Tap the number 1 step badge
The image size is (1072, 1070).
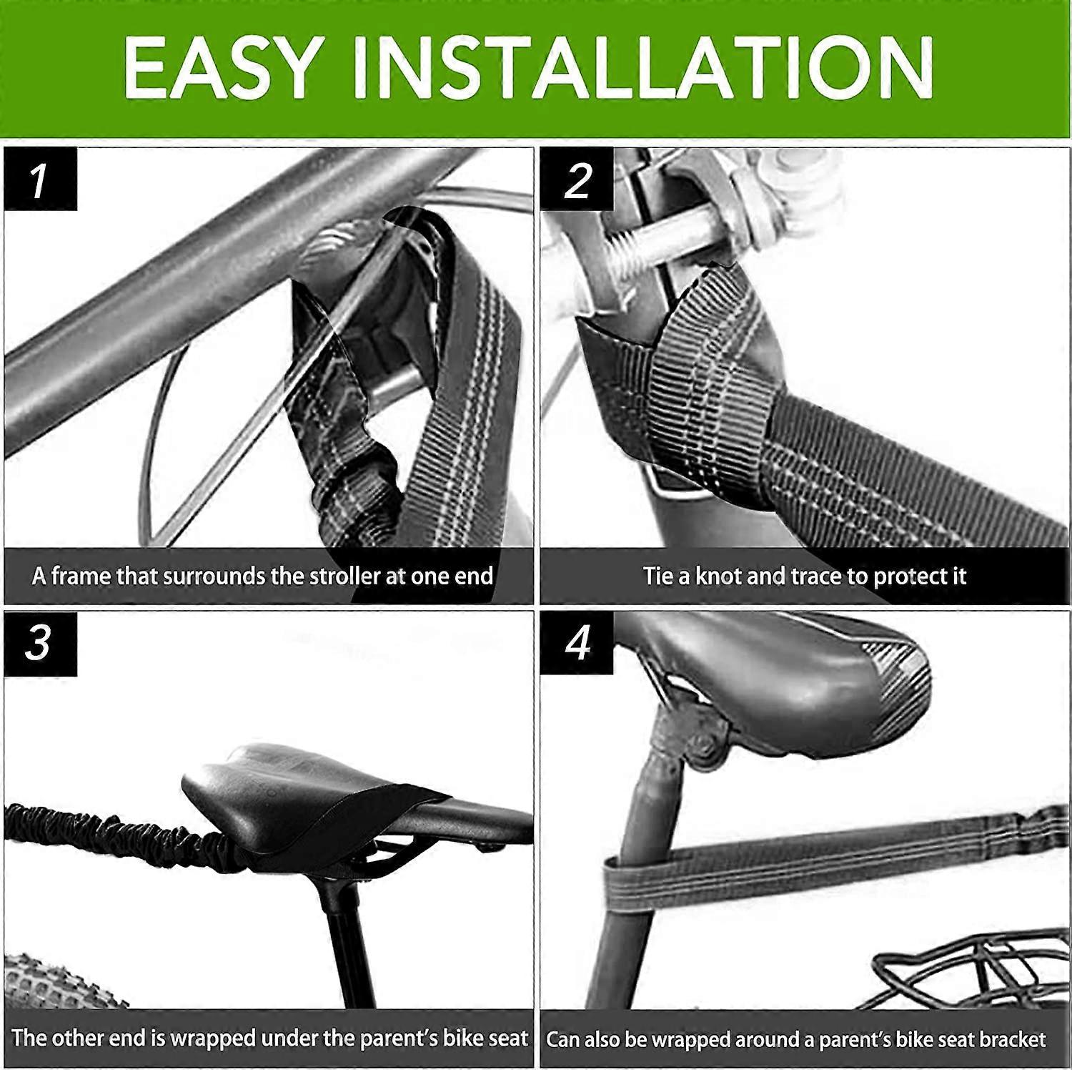click(41, 179)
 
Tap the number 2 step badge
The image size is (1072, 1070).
click(577, 179)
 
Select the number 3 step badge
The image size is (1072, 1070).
click(41, 643)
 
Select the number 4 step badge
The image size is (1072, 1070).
click(577, 643)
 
